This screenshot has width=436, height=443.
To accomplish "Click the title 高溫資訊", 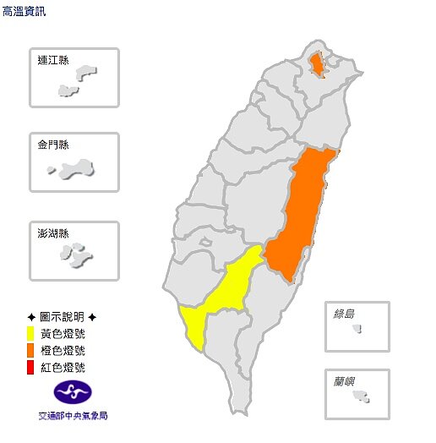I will click(x=25, y=11).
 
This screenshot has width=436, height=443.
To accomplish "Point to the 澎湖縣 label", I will click(x=54, y=232).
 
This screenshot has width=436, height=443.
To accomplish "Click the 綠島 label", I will click(x=345, y=314).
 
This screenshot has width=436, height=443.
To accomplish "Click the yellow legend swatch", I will click(x=30, y=333).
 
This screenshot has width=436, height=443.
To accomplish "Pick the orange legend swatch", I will click(x=30, y=350).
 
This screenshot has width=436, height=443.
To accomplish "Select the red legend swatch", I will click(x=30, y=367).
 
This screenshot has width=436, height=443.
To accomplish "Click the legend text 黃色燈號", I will click(x=63, y=333).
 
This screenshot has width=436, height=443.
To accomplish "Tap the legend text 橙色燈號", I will click(x=63, y=350).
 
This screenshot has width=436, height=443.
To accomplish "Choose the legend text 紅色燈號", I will click(x=63, y=367).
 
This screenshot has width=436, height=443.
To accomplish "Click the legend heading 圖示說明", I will click(x=62, y=316).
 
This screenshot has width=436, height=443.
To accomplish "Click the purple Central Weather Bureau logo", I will click(x=73, y=392).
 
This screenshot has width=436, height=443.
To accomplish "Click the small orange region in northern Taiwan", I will click(x=316, y=65).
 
